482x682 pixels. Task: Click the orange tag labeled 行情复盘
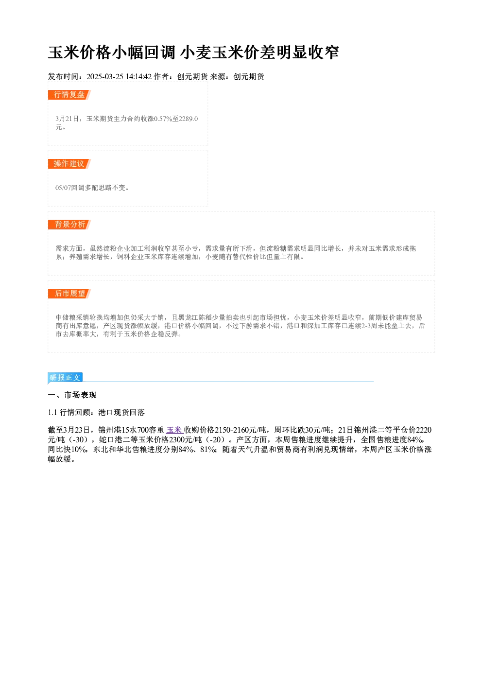[69, 95]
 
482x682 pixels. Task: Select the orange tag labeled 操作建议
[69, 164]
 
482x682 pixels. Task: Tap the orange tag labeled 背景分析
[69, 225]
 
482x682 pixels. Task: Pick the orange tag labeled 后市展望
[69, 294]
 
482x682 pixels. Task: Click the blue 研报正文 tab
[65, 378]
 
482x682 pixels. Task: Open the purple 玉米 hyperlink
[174, 430]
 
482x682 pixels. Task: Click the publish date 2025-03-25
[105, 77]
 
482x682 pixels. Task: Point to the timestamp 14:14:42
[138, 77]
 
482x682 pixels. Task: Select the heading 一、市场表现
[72, 395]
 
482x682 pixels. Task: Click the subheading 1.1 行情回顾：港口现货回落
[96, 412]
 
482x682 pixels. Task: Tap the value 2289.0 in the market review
[188, 119]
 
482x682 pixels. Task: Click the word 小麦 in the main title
[196, 52]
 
